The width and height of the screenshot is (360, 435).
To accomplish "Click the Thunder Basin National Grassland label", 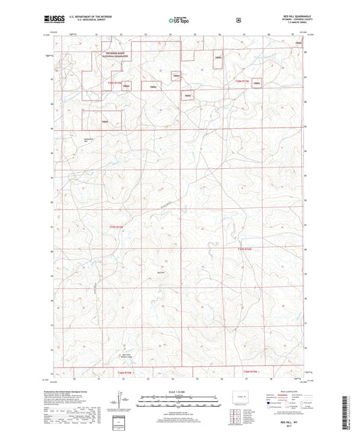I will tap(115, 57).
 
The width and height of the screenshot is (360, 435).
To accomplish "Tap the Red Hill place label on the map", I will tap(160, 272).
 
